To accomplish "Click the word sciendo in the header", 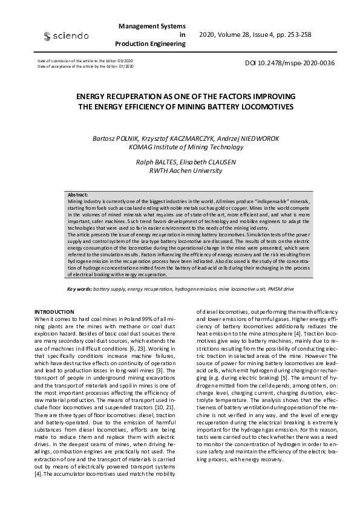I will tap(71, 36).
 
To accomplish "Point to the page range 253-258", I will tap(296, 34).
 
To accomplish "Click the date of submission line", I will tap(85, 62).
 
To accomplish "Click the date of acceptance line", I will tap(85, 66).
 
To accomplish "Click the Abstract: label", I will tap(78, 195).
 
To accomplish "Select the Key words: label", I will tap(79, 289).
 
